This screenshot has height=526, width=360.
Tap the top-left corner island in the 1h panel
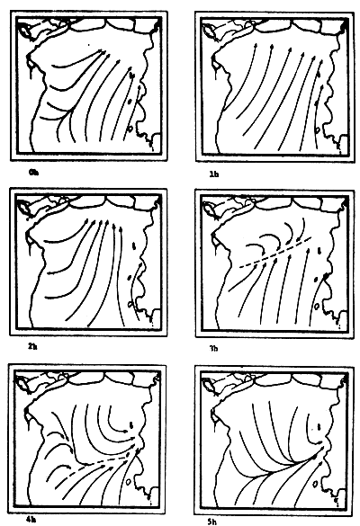tap(215, 29)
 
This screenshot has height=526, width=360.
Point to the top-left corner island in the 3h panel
tap(215, 208)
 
